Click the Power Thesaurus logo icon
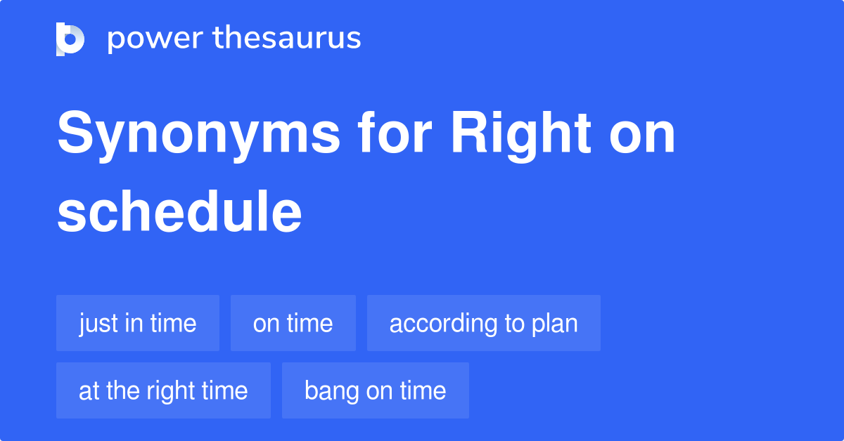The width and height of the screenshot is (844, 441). coord(70,39)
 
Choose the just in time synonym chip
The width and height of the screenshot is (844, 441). coord(138,323)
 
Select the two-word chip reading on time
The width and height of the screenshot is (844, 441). coord(293,323)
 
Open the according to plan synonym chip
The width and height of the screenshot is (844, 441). coord(483,323)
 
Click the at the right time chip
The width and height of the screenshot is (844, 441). coord(163,390)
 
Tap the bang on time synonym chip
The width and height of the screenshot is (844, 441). coord(375,390)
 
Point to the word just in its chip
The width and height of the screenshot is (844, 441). coord(98,323)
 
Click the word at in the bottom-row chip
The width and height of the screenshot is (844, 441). coord(89,391)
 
